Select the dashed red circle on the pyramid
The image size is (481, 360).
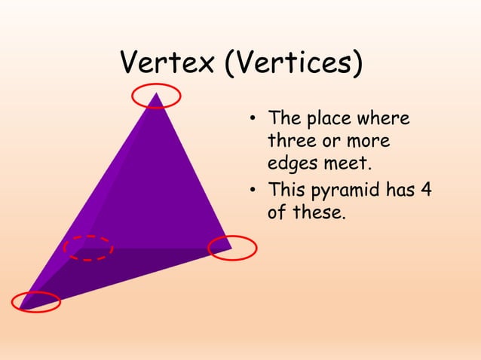[88, 247]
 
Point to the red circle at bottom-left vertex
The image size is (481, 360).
[36, 301]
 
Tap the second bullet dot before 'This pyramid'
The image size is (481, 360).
[255, 191]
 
